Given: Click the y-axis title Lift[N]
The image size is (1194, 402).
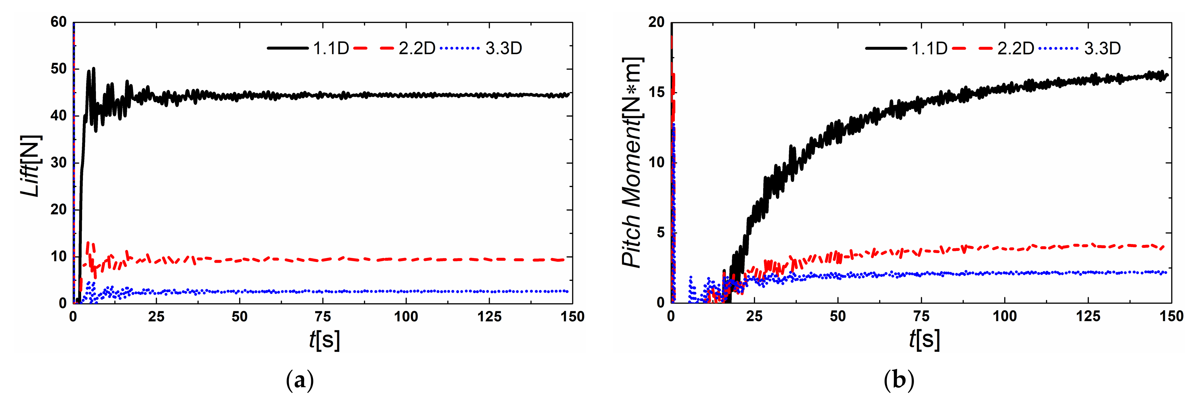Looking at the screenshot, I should click(x=31, y=166).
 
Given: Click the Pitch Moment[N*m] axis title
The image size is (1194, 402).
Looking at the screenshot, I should click(x=632, y=162).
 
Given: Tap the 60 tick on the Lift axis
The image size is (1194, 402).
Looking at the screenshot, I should click(x=58, y=22).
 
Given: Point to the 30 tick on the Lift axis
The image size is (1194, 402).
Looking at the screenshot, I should click(x=58, y=163).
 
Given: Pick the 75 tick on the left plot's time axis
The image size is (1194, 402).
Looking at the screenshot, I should click(x=323, y=317).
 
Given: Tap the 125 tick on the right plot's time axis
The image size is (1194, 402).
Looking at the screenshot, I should click(x=1088, y=317).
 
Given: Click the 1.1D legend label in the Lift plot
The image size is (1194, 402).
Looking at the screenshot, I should click(x=331, y=48).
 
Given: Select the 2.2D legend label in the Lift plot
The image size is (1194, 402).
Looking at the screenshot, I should click(x=417, y=48).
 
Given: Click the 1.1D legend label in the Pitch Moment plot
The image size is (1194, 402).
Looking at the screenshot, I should click(x=929, y=48).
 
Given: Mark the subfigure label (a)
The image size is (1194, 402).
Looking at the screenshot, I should click(x=300, y=381).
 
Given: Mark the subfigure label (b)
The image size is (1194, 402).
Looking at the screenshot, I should click(x=899, y=381).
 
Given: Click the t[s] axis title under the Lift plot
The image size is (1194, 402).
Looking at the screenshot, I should click(x=324, y=340).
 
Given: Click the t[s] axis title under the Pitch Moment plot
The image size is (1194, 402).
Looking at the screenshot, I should click(x=924, y=340).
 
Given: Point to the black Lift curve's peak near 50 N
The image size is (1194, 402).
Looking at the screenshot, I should click(x=93, y=69).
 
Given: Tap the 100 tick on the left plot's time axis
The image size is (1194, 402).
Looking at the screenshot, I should click(x=406, y=317).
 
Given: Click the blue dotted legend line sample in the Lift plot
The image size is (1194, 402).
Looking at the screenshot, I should click(x=459, y=48).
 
